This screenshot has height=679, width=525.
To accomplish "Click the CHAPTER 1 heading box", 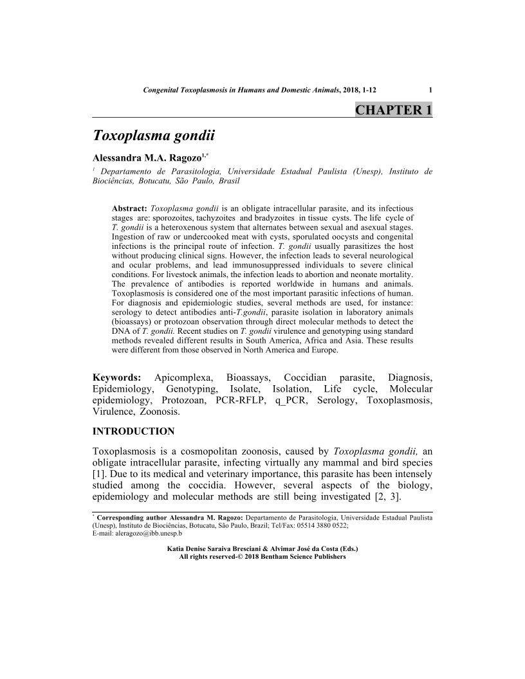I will (393, 110).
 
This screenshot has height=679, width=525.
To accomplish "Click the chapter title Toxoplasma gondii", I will (153, 136).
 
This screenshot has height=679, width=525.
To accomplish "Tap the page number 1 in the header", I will (430, 91).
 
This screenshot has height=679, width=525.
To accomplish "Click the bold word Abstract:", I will (130, 209).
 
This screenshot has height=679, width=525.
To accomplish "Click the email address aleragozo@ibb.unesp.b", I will (138, 533).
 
